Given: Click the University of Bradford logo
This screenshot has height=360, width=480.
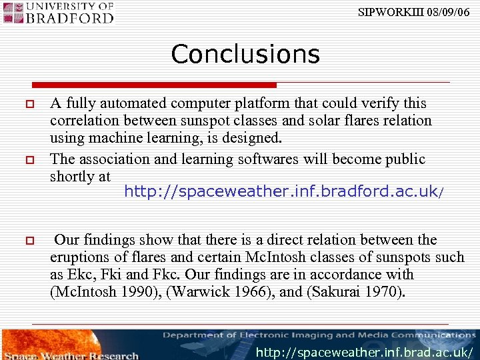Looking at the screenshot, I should pos(59,13).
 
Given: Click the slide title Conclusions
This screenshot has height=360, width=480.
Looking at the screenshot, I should pos(245,54).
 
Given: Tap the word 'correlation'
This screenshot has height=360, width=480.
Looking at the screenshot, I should pos(83,121).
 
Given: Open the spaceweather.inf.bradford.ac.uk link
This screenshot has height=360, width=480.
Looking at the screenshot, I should pos(281,192).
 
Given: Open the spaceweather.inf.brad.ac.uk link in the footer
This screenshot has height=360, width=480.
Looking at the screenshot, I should pos(365,352).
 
